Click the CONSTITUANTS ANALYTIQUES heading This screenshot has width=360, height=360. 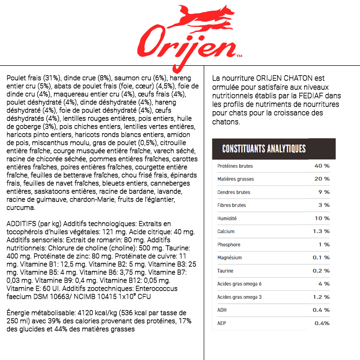click(264, 148)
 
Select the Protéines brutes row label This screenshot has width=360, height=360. click(235, 166)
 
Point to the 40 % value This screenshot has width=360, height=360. click(322, 166)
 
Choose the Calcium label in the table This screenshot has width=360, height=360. click(226, 231)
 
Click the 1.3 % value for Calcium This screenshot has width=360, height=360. click(321, 231)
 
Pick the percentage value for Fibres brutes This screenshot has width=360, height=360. click(324, 205)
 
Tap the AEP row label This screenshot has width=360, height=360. click(222, 323)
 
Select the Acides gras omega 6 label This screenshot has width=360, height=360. click(239, 284)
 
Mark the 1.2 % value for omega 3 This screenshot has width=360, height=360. click(321, 297)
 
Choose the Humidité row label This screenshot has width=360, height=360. click(227, 218)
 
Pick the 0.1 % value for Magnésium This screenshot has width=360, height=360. click(321, 257)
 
